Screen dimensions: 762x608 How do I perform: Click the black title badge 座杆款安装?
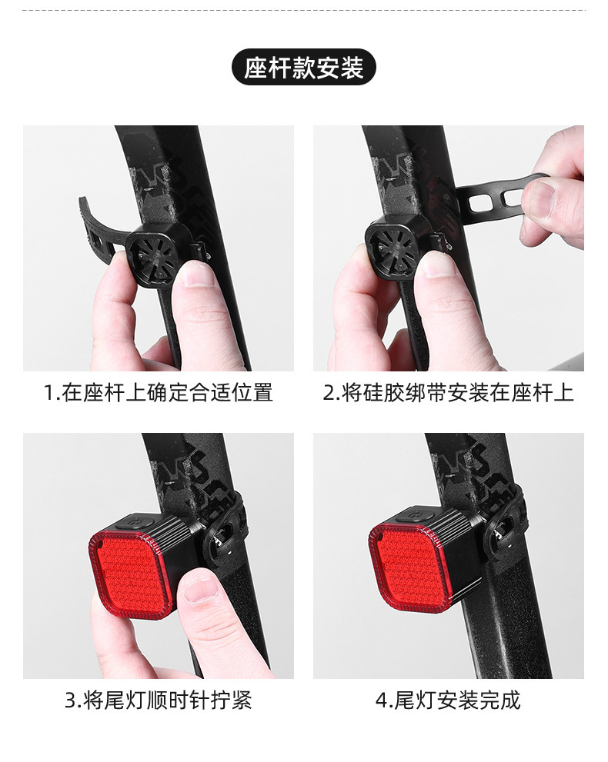303,68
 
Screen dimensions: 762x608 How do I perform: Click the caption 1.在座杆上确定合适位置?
159,393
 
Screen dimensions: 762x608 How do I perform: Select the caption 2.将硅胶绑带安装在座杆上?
448,393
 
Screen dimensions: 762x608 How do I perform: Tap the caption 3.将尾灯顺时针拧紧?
159,700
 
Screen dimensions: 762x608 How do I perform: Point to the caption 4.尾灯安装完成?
448,700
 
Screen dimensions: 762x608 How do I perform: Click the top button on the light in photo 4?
420,513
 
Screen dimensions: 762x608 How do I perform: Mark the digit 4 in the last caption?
381,700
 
